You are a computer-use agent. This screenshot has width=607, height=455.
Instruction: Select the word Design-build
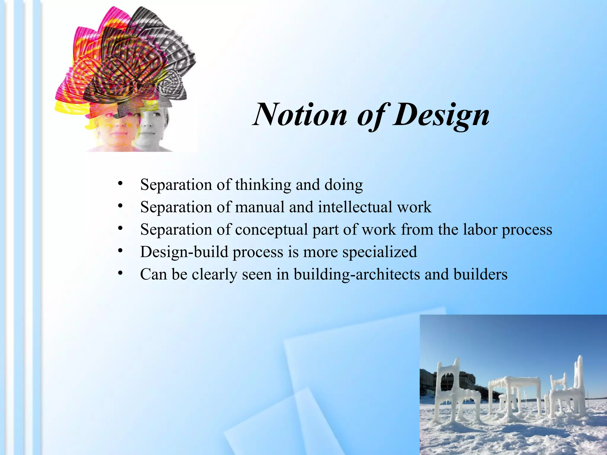coord(184,252)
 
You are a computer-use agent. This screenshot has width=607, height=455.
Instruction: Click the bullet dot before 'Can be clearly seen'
coord(120,273)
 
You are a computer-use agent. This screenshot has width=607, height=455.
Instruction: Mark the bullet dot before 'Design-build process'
coord(120,251)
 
